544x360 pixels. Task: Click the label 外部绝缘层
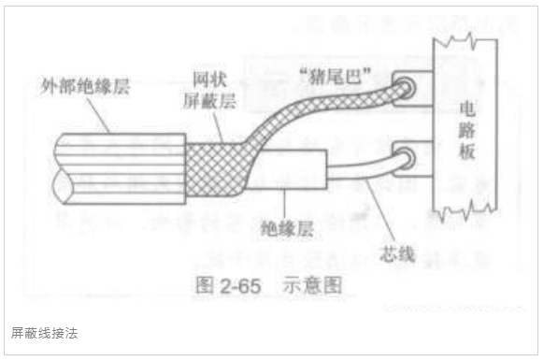click(x=85, y=85)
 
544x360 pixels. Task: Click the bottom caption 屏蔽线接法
click(x=43, y=332)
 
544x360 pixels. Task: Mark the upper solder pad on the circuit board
click(x=409, y=90)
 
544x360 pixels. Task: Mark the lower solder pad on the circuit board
click(x=409, y=157)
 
